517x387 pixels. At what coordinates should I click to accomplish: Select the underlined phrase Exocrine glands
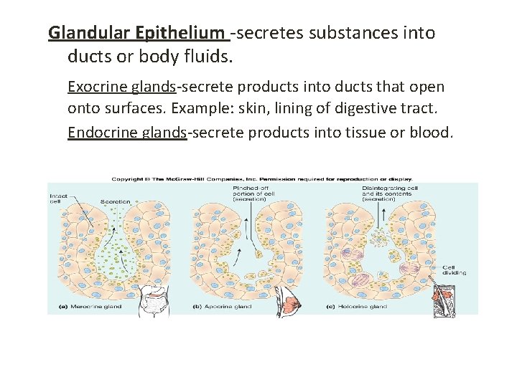121,87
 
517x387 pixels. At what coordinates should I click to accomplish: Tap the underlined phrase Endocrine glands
127,133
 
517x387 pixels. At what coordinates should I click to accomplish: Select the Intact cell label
59,199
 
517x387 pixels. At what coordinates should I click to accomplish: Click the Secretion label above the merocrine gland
115,202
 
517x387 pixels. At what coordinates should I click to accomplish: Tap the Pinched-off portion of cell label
249,193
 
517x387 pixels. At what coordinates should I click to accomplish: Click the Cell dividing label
453,269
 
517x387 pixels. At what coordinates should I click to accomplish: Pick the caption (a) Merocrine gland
85,307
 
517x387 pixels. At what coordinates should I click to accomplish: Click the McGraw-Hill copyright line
262,178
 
